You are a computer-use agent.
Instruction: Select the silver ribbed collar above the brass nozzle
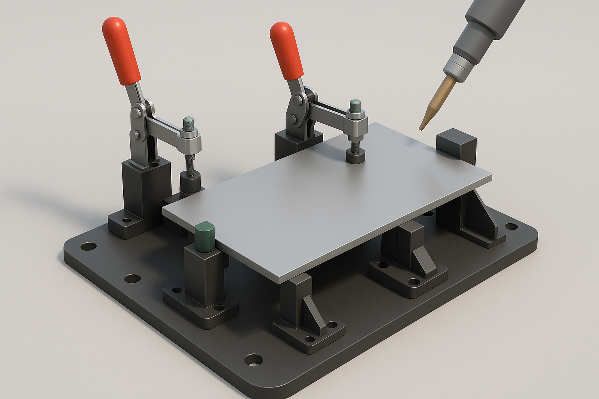point(457,66)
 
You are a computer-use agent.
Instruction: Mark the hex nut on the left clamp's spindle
point(190,134)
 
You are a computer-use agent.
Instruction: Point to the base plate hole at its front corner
point(254,360)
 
